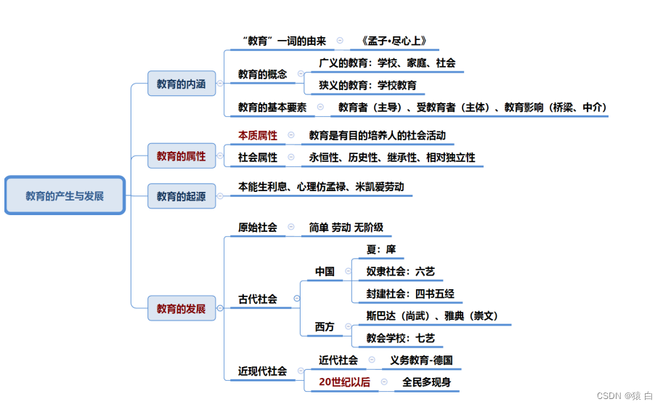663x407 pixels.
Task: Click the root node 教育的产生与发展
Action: pos(65,196)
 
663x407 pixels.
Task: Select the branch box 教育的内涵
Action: pos(181,84)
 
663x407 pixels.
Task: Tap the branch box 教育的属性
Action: pos(181,156)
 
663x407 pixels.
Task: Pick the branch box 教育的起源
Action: pos(181,196)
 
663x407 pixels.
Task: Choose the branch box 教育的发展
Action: pos(181,308)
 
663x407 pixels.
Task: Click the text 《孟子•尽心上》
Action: pos(393,41)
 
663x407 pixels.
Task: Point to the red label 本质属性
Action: pos(258,135)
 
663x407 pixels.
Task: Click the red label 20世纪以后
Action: pos(344,382)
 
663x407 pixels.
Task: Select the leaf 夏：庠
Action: pos(381,249)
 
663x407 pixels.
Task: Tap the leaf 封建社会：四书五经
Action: pos(410,294)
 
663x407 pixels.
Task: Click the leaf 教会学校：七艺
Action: pos(400,338)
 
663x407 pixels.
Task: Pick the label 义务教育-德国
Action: pos(421,360)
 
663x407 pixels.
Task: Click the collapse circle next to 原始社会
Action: pos(291,227)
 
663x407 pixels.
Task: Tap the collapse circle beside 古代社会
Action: pos(296,299)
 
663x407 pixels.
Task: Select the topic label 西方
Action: pos(325,327)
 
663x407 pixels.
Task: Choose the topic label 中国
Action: pos(325,271)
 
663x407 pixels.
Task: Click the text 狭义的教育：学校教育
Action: pos(368,85)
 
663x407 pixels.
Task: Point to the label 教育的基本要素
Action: pos(272,107)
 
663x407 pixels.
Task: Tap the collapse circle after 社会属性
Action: pos(291,156)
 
